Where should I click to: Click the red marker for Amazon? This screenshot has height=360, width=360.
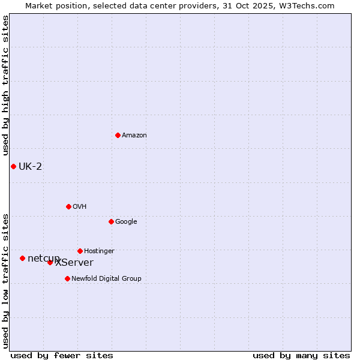point(118,135)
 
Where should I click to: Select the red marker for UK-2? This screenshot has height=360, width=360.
point(13,166)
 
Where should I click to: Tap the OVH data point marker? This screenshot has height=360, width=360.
point(68,206)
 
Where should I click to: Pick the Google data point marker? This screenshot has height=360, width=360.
point(111,221)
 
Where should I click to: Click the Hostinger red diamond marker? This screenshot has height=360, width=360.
point(80,251)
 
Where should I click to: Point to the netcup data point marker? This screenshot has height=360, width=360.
point(22,258)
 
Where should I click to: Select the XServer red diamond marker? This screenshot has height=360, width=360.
point(50,262)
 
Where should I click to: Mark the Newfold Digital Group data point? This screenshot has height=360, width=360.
point(67,278)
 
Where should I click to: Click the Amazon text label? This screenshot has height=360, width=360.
point(134,136)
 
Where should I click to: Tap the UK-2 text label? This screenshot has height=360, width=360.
point(31,166)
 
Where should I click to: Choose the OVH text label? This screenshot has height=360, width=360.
point(80,207)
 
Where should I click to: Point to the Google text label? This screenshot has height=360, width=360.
point(126,222)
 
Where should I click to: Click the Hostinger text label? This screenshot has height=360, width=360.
point(99,251)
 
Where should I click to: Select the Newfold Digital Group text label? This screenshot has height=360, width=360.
point(106,279)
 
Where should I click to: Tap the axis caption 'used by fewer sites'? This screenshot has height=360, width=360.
point(62,355)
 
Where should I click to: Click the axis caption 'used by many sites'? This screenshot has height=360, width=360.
point(301,355)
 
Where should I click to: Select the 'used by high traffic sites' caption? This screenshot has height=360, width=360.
point(5,86)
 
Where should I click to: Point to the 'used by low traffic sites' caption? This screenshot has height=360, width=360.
point(5,280)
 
